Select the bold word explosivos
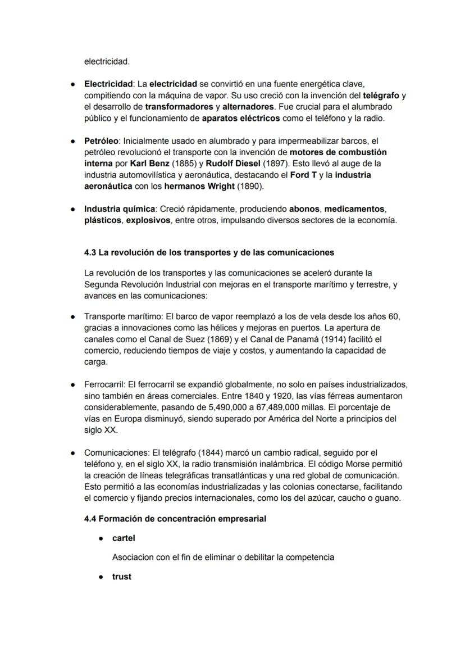pos(148,220)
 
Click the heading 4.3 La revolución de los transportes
pos(209,252)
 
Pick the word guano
pos(388,498)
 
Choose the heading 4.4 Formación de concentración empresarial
pos(175,519)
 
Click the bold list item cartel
pos(124,538)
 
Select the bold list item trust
pos(122,577)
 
